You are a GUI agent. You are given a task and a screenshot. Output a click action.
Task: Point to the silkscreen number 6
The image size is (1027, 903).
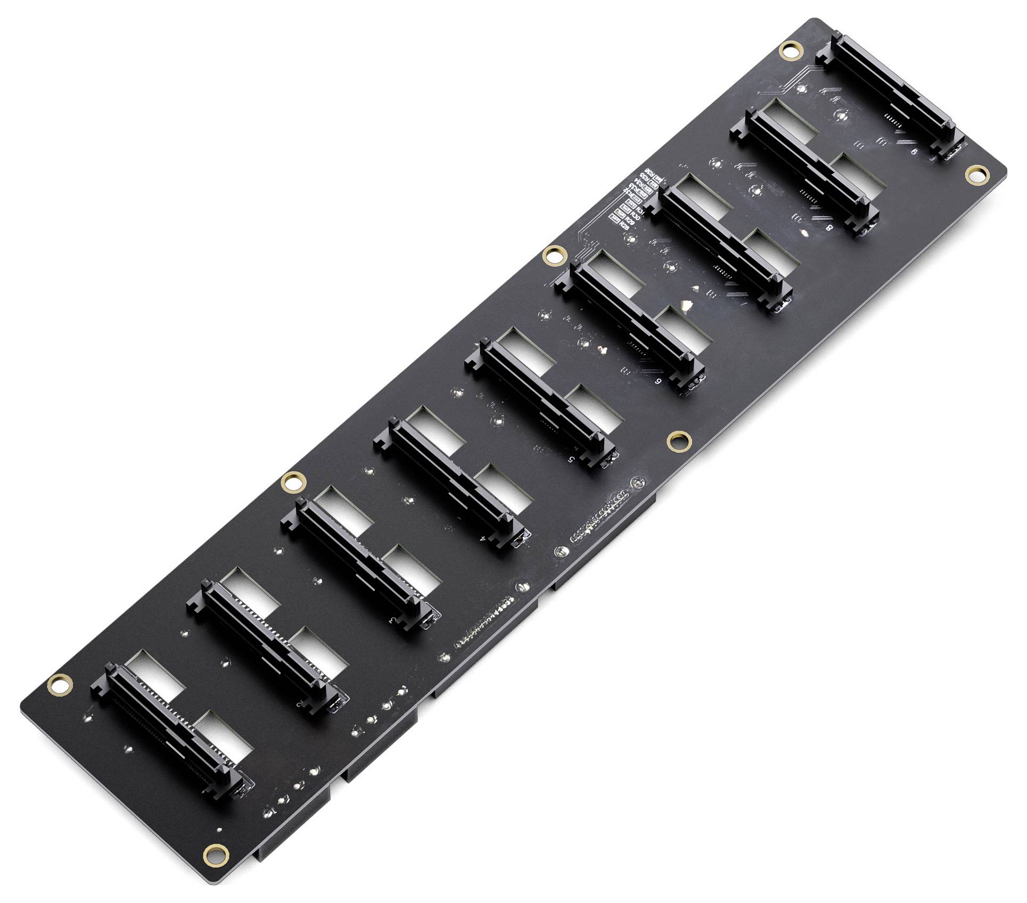click(659, 382)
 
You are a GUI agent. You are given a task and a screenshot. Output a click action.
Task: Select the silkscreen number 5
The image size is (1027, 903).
click(571, 458)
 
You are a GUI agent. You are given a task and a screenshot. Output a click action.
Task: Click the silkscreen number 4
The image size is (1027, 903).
click(482, 539)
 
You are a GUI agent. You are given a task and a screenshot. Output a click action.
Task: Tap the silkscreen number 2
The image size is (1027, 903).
click(301, 704)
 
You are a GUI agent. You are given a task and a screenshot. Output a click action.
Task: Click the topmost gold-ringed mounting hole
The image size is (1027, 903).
click(790, 51)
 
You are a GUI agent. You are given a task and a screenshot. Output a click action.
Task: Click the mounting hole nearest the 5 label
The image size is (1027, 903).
click(679, 440)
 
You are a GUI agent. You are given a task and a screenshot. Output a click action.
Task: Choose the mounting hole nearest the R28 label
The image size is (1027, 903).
click(553, 255)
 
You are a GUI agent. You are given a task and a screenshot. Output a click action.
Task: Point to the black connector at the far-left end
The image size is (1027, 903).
click(170, 729)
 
